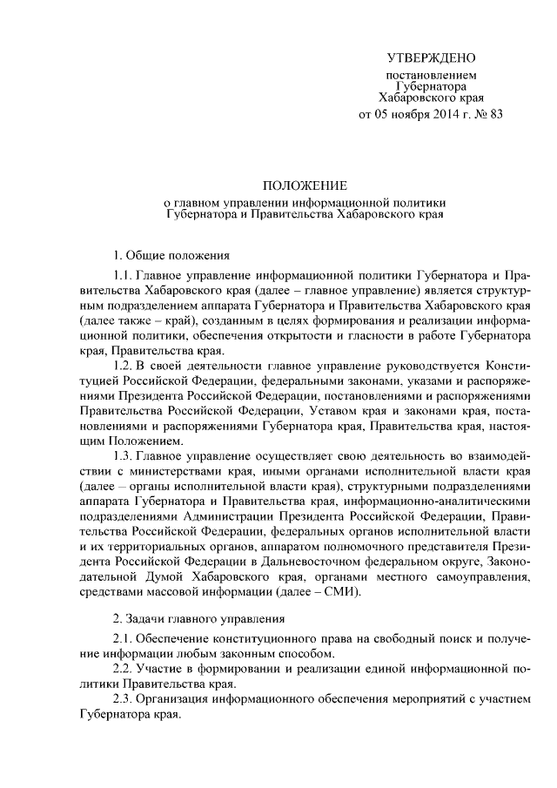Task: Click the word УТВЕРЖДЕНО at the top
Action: coord(431,58)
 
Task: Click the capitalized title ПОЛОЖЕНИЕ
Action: coord(305,186)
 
